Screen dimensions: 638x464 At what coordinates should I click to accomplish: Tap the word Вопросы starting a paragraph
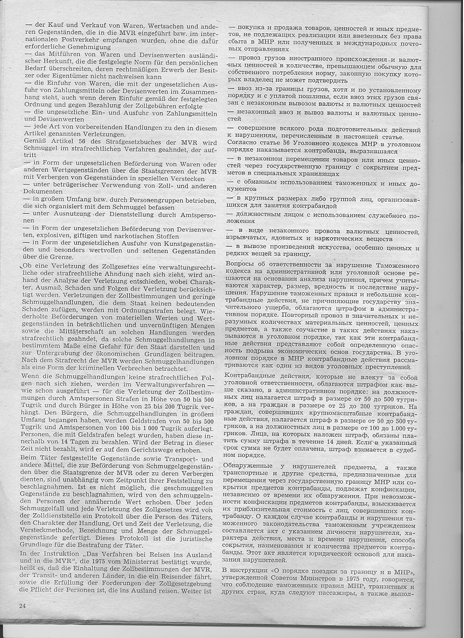pyautogui.click(x=241, y=264)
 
